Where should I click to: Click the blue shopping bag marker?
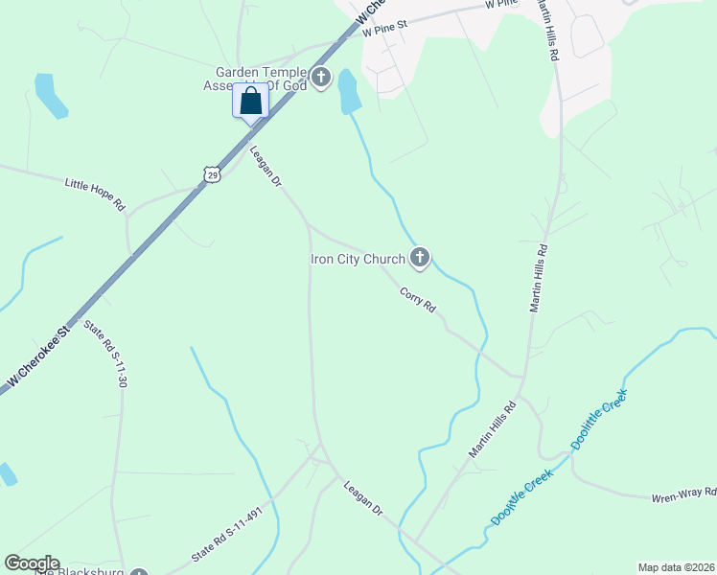click(251, 101)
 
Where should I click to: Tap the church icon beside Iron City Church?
click(419, 257)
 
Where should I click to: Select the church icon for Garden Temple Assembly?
click(320, 77)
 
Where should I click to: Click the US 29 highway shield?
click(212, 173)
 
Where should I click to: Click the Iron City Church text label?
click(358, 259)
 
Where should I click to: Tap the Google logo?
click(32, 563)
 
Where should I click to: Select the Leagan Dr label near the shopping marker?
click(265, 166)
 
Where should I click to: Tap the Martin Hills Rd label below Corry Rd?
click(492, 431)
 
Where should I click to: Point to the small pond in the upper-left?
click(51, 95)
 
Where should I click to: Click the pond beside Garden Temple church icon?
click(348, 91)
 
